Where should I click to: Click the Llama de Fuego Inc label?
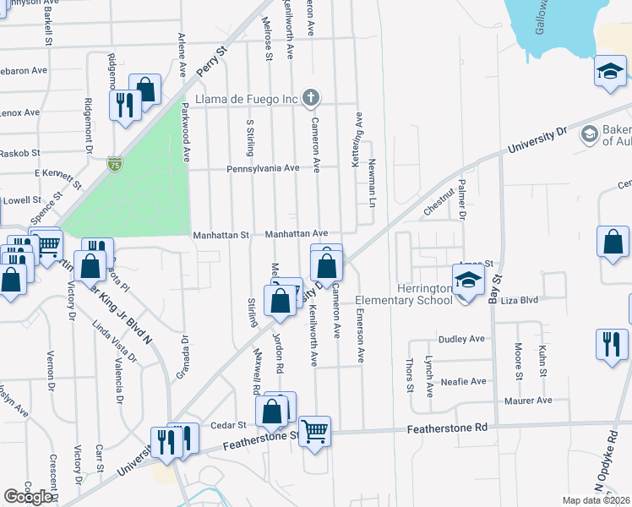tap(247, 99)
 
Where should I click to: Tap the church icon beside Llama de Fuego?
tap(311, 98)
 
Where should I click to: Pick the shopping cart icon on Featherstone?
tap(314, 431)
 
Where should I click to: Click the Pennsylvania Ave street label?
tap(263, 168)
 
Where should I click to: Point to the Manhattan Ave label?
tap(297, 233)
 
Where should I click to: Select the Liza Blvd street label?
tap(520, 300)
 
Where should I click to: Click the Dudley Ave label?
tap(461, 339)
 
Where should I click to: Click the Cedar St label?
tap(229, 425)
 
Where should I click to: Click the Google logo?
tap(29, 496)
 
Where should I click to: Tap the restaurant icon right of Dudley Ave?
tap(611, 344)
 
